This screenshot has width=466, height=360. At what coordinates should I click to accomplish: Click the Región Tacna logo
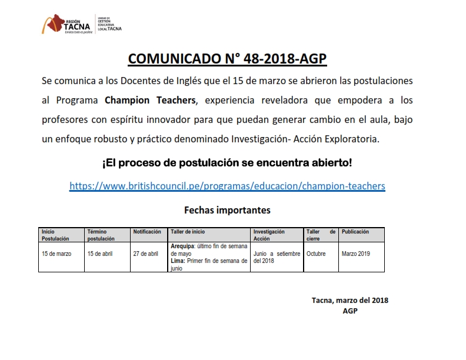tap(67, 24)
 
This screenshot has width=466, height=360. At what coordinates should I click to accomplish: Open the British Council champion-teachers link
tap(227, 186)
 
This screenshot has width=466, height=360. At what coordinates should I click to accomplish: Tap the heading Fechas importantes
tap(227, 209)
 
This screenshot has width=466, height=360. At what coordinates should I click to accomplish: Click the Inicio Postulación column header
tap(55, 235)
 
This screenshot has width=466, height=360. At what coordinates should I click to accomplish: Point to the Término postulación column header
tap(101, 235)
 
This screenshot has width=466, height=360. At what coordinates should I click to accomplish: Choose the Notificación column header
tap(147, 232)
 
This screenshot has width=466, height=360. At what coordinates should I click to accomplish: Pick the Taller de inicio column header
tap(188, 232)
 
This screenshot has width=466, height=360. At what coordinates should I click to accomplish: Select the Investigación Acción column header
tap(269, 235)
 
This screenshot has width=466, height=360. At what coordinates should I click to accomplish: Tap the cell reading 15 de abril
tap(101, 254)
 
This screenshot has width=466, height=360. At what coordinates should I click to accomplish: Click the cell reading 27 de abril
tap(146, 254)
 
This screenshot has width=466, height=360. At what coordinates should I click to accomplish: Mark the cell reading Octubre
tap(316, 254)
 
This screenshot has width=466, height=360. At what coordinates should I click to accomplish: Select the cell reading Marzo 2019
tap(356, 254)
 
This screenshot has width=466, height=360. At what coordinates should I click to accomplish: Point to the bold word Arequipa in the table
tap(183, 246)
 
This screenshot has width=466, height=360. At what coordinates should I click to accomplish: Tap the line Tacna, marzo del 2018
tap(349, 300)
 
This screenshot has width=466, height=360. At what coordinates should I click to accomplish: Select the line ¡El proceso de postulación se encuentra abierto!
tap(227, 162)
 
